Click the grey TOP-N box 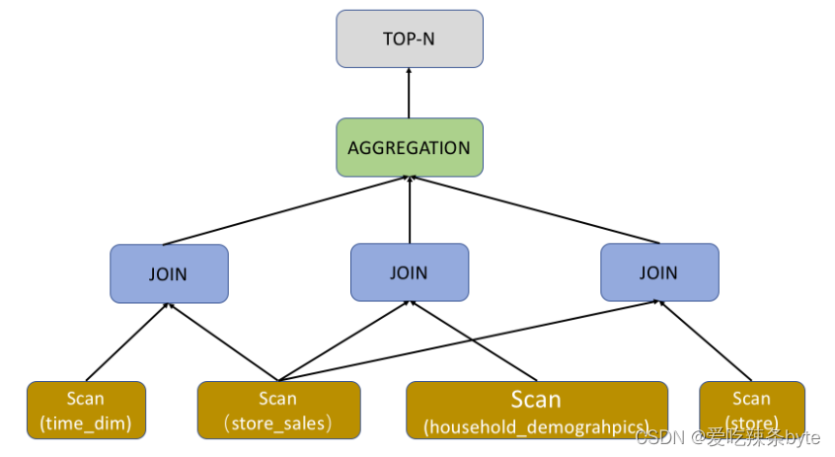click(x=410, y=38)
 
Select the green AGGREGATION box click(x=410, y=148)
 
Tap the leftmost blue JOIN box click(x=169, y=273)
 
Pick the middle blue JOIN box click(x=410, y=271)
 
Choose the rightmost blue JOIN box click(x=659, y=272)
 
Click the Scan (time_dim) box click(x=86, y=411)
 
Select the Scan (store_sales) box click(x=278, y=411)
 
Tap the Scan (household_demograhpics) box click(x=537, y=411)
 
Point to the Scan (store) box click(x=751, y=409)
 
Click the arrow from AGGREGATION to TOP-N click(x=410, y=94)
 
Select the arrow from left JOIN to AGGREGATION click(x=286, y=211)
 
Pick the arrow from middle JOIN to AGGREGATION click(x=410, y=211)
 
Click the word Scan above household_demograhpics click(x=536, y=400)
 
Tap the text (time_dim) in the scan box click(x=86, y=424)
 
